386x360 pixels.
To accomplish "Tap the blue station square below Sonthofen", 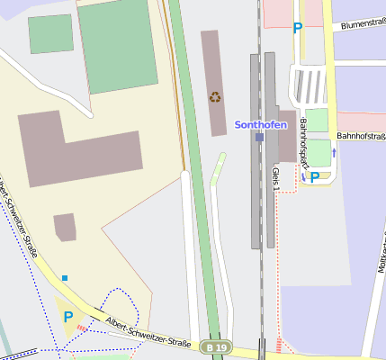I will (259, 138).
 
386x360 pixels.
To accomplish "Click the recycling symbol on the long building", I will (215, 96).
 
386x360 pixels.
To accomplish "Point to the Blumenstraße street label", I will (362, 24).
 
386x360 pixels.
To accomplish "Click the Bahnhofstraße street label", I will (361, 136).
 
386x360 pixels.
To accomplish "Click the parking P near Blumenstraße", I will (297, 28).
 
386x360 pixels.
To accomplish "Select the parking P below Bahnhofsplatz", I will (315, 177).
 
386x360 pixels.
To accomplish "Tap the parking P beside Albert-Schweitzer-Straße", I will (67, 317).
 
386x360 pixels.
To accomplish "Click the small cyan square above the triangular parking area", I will (65, 277).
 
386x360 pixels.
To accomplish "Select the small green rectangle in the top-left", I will (50, 33).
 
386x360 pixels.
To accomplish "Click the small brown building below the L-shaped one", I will (65, 227).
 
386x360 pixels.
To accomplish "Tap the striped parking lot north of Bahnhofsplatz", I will (310, 86).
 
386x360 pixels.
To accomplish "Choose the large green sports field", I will (117, 45).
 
